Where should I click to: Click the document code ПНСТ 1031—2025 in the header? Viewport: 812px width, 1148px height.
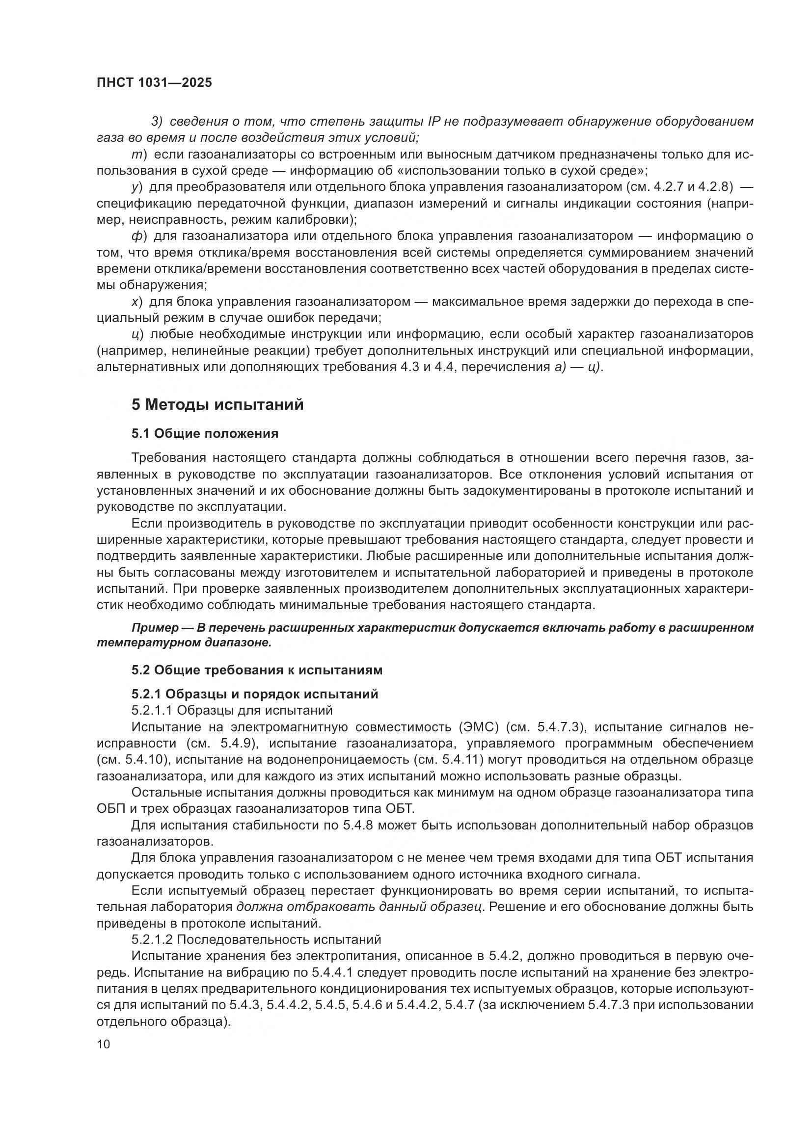[x=154, y=82]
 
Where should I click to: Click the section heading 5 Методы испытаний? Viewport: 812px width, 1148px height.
[x=217, y=404]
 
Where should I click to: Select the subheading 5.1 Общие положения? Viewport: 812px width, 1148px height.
[x=205, y=433]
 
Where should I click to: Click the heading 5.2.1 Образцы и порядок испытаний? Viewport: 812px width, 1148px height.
[x=254, y=694]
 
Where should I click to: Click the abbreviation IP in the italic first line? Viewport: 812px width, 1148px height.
[x=433, y=122]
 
